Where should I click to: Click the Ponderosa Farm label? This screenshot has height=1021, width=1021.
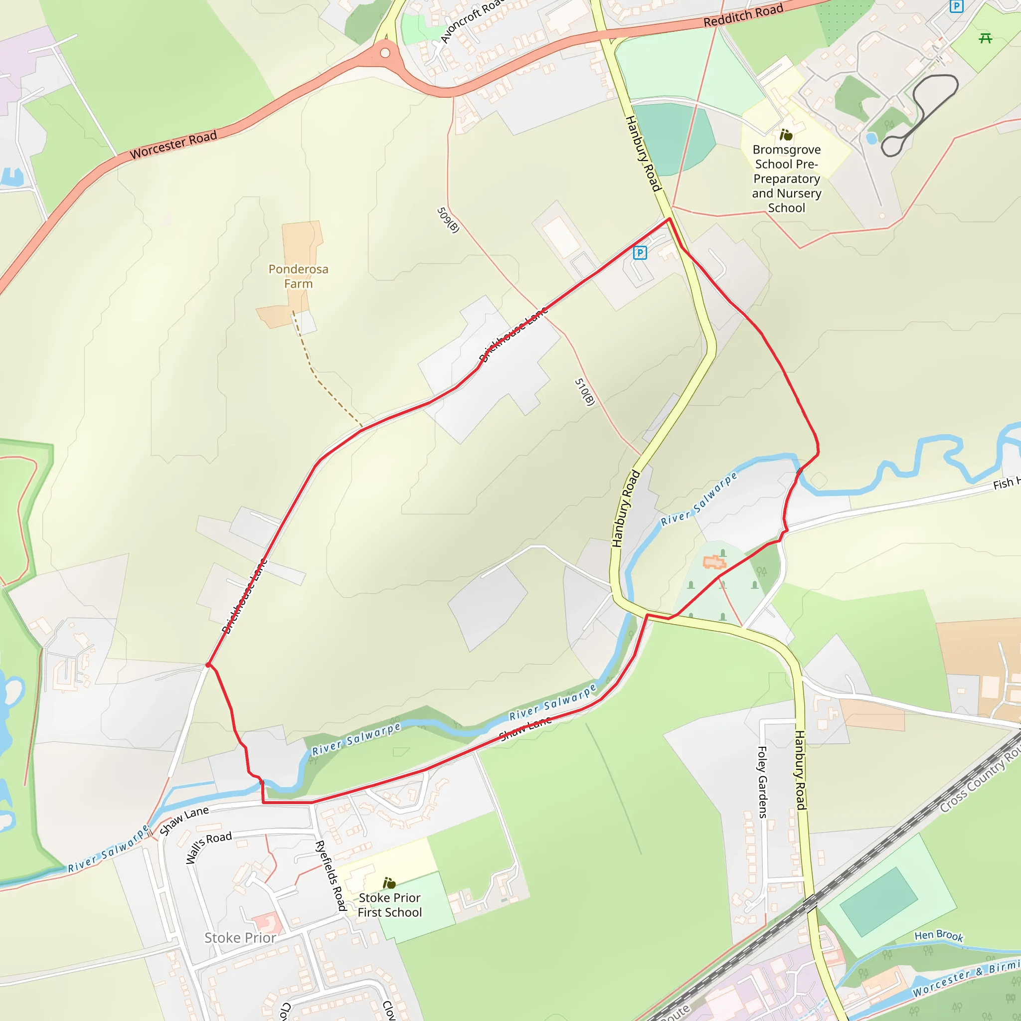pyautogui.click(x=299, y=276)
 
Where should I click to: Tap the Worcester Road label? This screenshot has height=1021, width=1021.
pyautogui.click(x=173, y=145)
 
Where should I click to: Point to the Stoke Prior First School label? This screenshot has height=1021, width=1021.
pyautogui.click(x=389, y=905)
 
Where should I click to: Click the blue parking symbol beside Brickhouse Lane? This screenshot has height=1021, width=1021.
pyautogui.click(x=640, y=253)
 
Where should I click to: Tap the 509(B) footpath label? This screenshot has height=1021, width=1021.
pyautogui.click(x=448, y=220)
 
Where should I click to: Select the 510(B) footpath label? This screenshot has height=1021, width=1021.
pyautogui.click(x=585, y=391)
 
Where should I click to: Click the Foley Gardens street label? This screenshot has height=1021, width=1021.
pyautogui.click(x=763, y=782)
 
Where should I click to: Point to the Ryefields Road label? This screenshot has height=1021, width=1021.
pyautogui.click(x=331, y=875)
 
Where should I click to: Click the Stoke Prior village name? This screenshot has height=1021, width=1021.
pyautogui.click(x=240, y=938)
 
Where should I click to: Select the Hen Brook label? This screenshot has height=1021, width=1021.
pyautogui.click(x=939, y=935)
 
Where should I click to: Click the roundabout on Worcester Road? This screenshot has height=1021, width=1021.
pyautogui.click(x=385, y=53)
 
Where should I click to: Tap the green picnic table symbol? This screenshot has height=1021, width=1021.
pyautogui.click(x=985, y=38)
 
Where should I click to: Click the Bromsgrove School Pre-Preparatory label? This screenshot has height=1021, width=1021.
pyautogui.click(x=786, y=178)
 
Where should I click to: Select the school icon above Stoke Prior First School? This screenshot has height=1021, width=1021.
pyautogui.click(x=389, y=883)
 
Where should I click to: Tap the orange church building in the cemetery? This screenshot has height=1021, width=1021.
pyautogui.click(x=714, y=562)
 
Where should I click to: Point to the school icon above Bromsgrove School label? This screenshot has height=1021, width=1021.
pyautogui.click(x=786, y=135)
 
